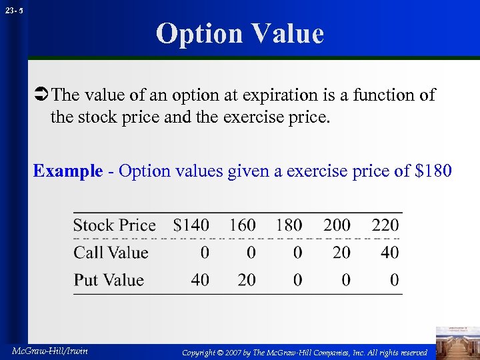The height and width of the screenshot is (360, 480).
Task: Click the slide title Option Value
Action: pyautogui.click(x=240, y=33)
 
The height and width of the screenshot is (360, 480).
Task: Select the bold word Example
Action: pyautogui.click(x=68, y=171)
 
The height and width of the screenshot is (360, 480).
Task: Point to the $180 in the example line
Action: pyautogui.click(x=433, y=171)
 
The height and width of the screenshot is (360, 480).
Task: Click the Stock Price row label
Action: pyautogui.click(x=114, y=225)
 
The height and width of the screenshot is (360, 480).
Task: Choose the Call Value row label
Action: pyautogui.click(x=111, y=253)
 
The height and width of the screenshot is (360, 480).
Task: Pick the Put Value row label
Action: pyautogui.click(x=109, y=280)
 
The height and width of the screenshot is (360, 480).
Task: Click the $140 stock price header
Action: pyautogui.click(x=191, y=225)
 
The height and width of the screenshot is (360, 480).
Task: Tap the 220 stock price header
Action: pyautogui.click(x=385, y=225)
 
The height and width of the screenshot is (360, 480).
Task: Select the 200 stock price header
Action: pyautogui.click(x=337, y=225)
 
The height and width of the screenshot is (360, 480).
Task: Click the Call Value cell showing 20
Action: pyautogui.click(x=341, y=253)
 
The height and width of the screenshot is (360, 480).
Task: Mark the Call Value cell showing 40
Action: pyautogui.click(x=390, y=253)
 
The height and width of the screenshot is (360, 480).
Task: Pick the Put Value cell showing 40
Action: pyautogui.click(x=200, y=280)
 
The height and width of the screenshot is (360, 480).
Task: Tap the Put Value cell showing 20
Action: pyautogui.click(x=247, y=280)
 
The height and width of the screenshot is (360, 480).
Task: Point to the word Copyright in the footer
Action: pyautogui.click(x=202, y=351)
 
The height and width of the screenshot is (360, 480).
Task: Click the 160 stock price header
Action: pyautogui.click(x=243, y=225)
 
